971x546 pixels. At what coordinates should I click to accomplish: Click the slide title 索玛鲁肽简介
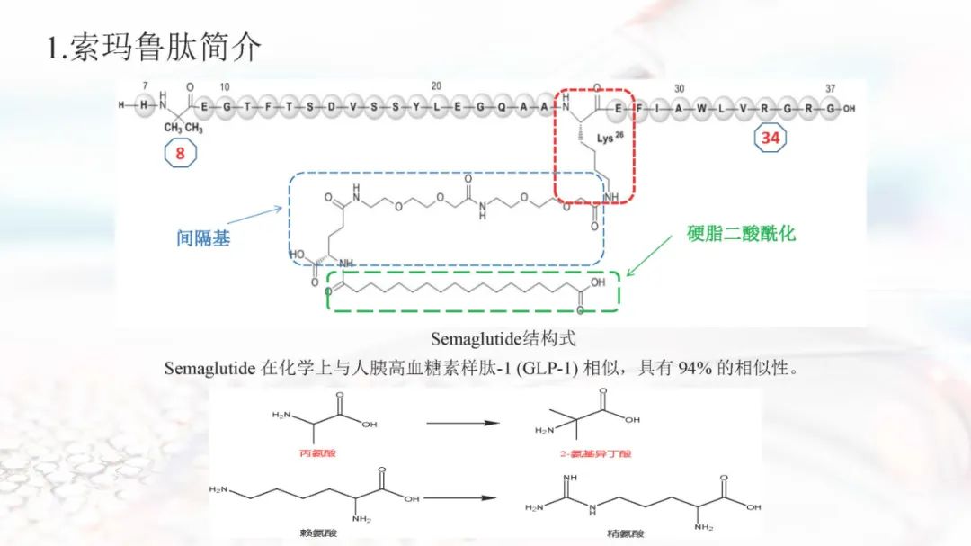[x=154, y=48]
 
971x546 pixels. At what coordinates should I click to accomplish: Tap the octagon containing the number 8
[x=180, y=153]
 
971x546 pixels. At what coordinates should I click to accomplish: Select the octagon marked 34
[x=771, y=138]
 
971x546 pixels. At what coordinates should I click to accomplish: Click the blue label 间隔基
[x=203, y=239]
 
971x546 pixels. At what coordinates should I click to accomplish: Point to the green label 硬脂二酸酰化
[x=741, y=234]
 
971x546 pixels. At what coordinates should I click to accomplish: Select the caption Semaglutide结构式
[x=503, y=339]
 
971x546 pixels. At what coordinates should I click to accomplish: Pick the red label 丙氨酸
[x=316, y=453]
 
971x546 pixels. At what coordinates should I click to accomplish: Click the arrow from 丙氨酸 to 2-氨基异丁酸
[x=462, y=422]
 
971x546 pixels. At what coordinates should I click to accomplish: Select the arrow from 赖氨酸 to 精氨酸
[x=460, y=497]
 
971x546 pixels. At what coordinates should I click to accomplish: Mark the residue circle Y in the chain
[x=416, y=107]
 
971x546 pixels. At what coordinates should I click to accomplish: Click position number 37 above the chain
[x=831, y=88]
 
